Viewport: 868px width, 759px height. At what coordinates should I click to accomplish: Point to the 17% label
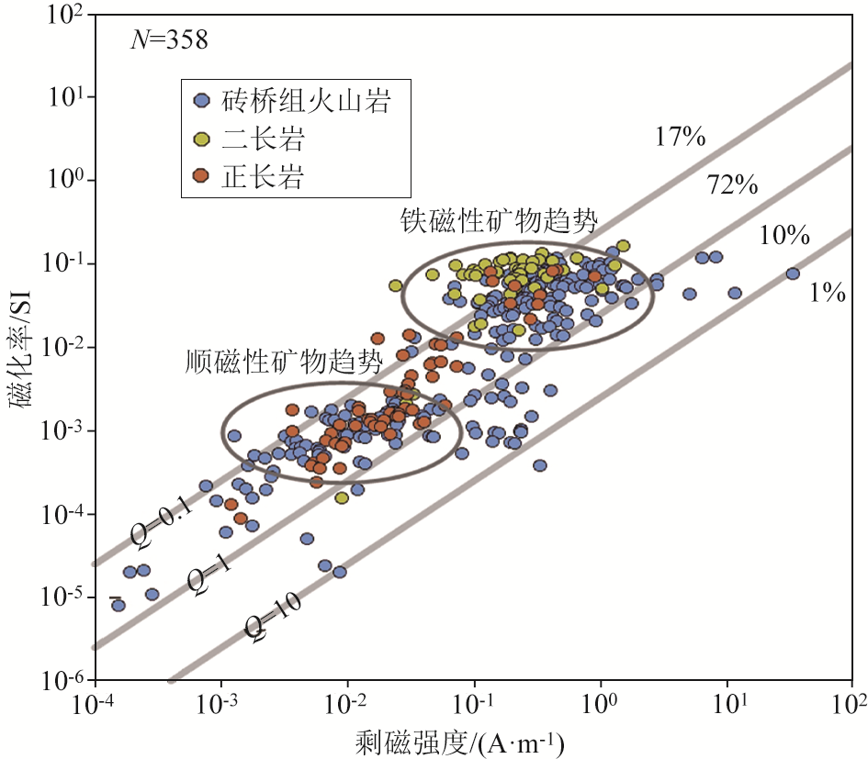pyautogui.click(x=680, y=138)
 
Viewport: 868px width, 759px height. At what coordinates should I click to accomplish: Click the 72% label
pyautogui.click(x=732, y=185)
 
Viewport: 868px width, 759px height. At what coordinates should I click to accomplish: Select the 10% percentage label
pyautogui.click(x=783, y=236)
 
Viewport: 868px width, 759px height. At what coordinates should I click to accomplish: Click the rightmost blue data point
pyautogui.click(x=793, y=273)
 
